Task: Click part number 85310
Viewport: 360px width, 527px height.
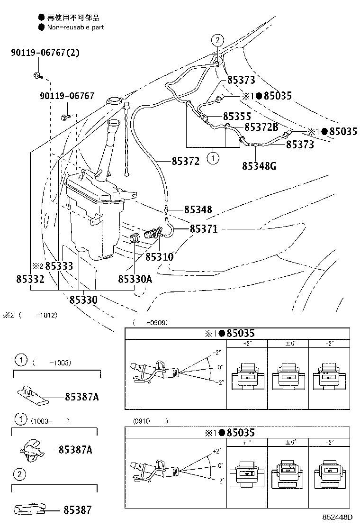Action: (x=159, y=257)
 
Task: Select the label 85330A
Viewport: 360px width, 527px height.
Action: (x=135, y=279)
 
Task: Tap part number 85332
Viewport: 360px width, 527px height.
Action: (x=30, y=279)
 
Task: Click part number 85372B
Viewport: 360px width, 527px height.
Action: (x=261, y=127)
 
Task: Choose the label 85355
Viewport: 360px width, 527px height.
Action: (x=237, y=116)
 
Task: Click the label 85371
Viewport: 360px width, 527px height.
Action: (x=204, y=229)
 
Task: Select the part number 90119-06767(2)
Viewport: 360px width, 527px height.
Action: (x=45, y=53)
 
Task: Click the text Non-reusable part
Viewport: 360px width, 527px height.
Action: (x=75, y=27)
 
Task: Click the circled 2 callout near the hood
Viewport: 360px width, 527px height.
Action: (x=216, y=40)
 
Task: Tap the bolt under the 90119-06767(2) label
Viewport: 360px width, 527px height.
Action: (x=37, y=74)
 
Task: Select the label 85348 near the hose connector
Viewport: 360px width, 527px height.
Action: (x=198, y=209)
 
